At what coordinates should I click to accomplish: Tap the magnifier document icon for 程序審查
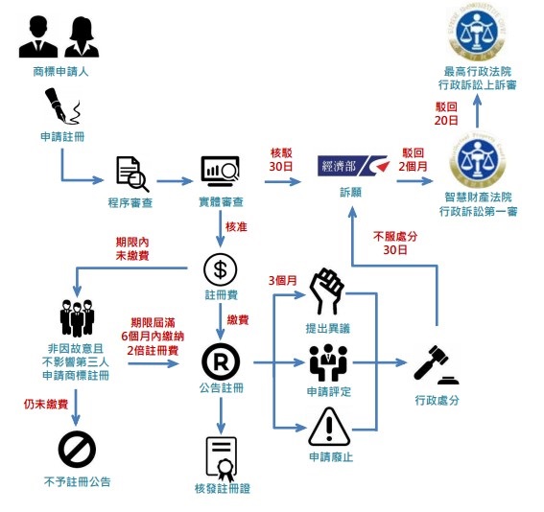[x=130, y=173]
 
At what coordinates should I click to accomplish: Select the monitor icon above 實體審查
[x=219, y=172]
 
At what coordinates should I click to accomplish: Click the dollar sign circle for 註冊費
[x=220, y=268]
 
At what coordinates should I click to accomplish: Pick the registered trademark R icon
[x=220, y=361]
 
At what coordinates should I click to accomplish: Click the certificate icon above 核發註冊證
[x=221, y=458]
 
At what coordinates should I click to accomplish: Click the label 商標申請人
[x=59, y=71]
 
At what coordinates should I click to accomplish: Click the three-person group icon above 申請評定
[x=328, y=361]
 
